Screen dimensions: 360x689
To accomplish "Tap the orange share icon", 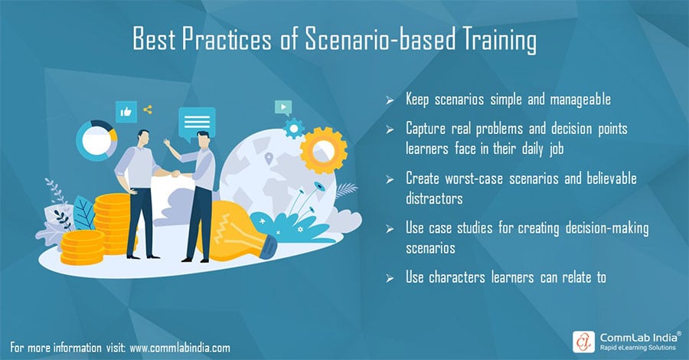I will point(147,110).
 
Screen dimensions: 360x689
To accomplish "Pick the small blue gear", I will point(292,129).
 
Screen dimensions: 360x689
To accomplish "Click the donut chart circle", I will point(96,139).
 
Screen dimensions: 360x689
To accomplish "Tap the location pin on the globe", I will point(269,159).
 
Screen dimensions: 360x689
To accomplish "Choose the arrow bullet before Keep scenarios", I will point(390,100).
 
